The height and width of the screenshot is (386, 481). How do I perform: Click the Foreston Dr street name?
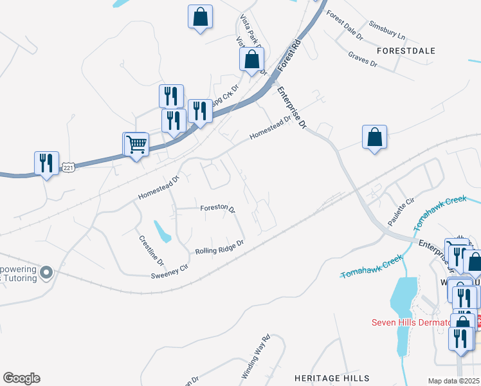[x=217, y=208]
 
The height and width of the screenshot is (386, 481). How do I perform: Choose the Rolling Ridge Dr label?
[x=220, y=246]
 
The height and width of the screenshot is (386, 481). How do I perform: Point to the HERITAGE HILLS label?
[x=332, y=378]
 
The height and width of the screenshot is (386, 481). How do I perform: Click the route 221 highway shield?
[x=69, y=168]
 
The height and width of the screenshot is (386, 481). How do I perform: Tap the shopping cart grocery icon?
[x=136, y=143]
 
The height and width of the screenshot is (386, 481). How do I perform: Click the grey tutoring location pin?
[x=46, y=273]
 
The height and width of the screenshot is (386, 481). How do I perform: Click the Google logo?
[x=21, y=378]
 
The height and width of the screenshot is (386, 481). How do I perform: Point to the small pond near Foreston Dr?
[x=162, y=232]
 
